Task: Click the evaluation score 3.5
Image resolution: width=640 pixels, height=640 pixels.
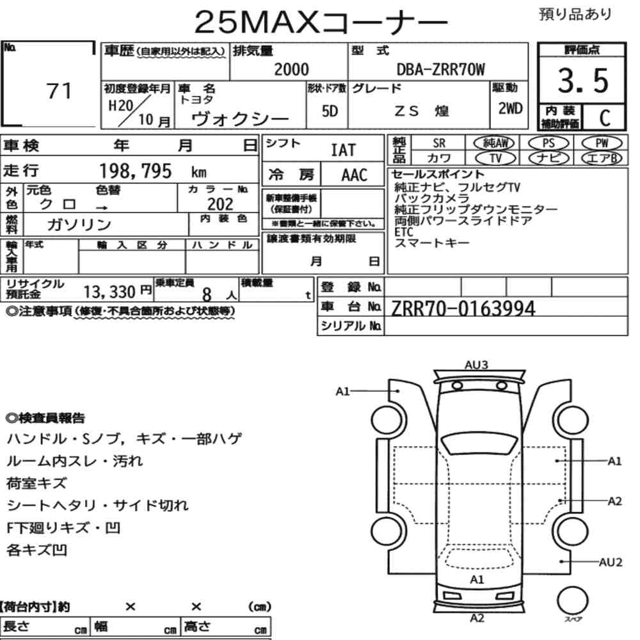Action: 583,81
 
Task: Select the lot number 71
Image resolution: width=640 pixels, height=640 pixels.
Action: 59,91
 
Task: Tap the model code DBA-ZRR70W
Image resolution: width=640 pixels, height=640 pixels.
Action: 441,70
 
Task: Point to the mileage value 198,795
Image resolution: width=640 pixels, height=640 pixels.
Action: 136,171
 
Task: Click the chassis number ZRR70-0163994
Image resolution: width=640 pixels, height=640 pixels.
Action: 463,308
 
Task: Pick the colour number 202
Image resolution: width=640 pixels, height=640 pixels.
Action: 220,204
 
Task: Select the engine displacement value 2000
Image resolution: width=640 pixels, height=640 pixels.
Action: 291,69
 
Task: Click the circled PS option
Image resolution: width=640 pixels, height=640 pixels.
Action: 548,143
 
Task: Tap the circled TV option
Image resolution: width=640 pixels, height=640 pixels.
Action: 495,158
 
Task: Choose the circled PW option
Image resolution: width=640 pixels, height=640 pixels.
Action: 602,143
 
